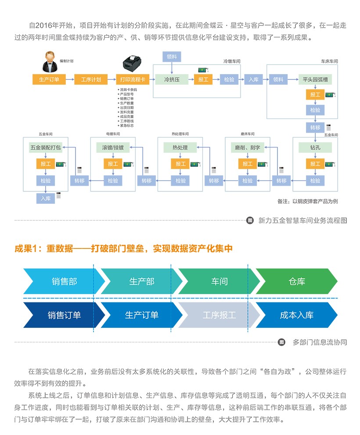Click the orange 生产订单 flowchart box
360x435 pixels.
pyautogui.click(x=49, y=79)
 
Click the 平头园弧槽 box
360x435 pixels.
pyautogui.click(x=315, y=79)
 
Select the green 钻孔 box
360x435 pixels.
pyautogui.click(x=315, y=147)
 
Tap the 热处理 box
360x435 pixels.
pyautogui.click(x=180, y=147)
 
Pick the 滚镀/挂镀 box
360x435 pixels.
pyautogui.click(x=113, y=147)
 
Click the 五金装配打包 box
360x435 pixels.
pyautogui.click(x=46, y=147)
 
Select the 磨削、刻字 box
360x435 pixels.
pyautogui.click(x=247, y=147)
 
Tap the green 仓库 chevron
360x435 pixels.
pyautogui.click(x=297, y=281)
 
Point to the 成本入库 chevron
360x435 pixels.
pyautogui.click(x=297, y=315)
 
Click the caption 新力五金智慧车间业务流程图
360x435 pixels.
pyautogui.click(x=302, y=220)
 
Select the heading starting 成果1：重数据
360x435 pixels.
pyautogui.click(x=123, y=249)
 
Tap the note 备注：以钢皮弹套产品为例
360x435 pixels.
pyautogui.click(x=307, y=201)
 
